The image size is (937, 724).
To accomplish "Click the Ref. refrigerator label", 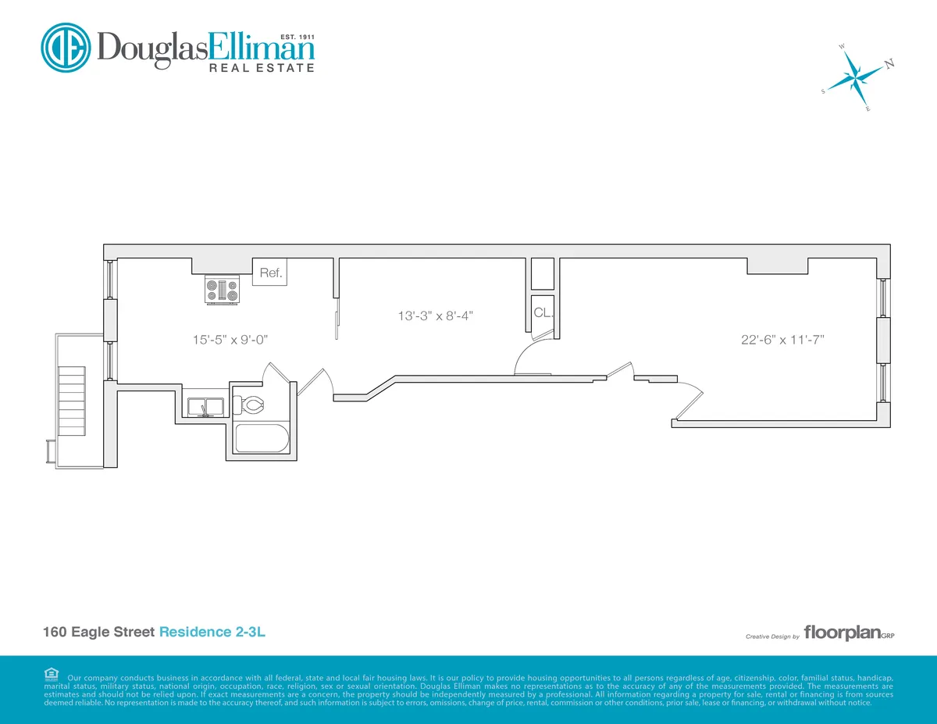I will [x=271, y=273].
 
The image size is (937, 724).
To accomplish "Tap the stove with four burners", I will [x=223, y=291].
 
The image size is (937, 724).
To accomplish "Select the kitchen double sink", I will [x=205, y=406].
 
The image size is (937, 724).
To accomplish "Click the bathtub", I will [x=262, y=438].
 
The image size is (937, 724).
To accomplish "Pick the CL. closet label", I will [x=543, y=313].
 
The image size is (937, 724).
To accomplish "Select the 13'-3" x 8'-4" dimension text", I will [x=436, y=316].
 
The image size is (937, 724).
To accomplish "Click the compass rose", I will [x=857, y=77].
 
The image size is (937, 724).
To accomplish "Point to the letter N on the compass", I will [x=889, y=64].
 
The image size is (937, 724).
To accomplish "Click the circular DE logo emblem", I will [x=66, y=48].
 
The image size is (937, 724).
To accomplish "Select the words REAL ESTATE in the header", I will [x=261, y=68].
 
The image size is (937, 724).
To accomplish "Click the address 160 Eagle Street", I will [x=99, y=632].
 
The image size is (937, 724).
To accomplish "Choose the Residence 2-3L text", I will [x=212, y=632].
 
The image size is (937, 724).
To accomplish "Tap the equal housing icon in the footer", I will [x=52, y=673].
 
